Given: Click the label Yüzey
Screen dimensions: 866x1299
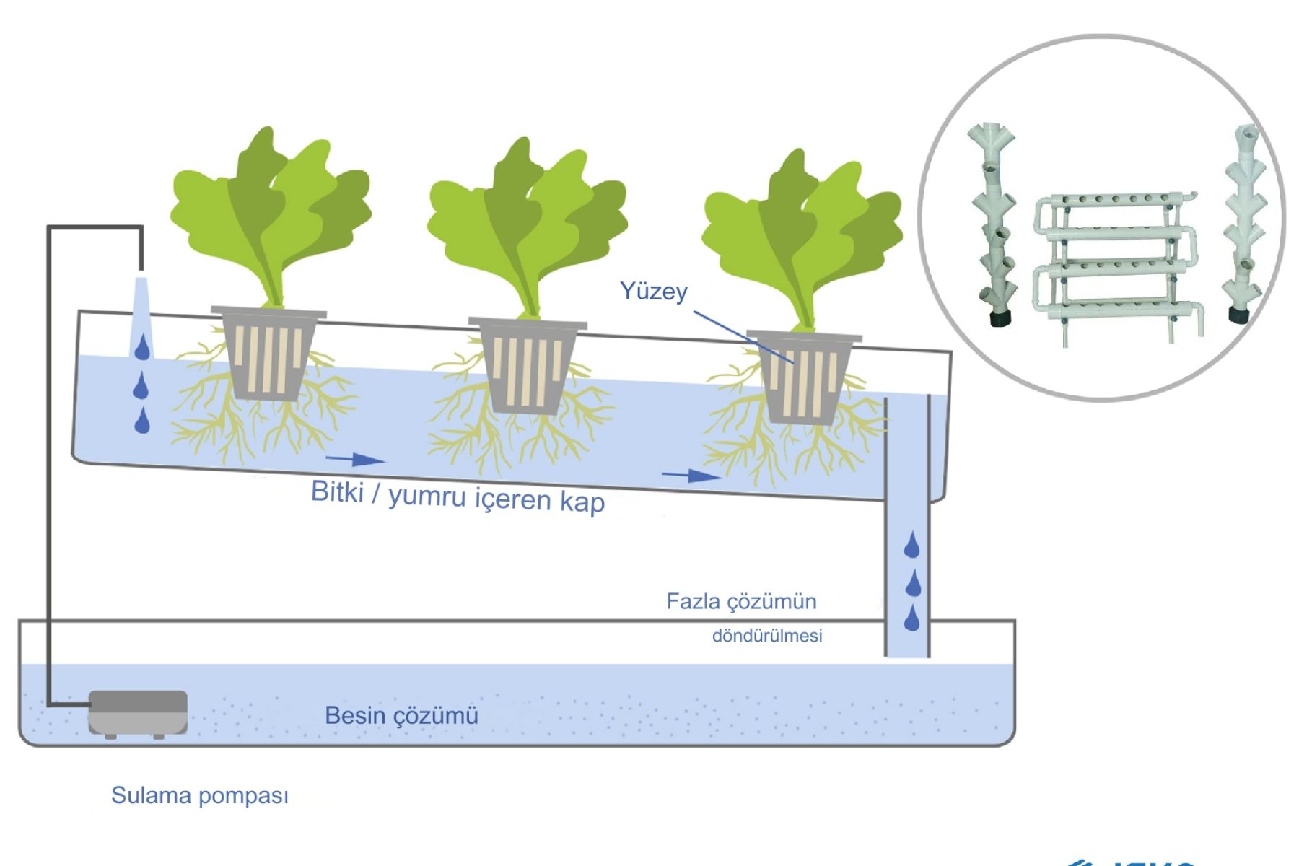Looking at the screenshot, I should [x=654, y=291].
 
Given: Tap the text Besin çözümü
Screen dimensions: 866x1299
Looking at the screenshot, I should [x=401, y=715].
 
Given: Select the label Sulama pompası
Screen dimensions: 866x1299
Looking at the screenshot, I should [x=200, y=795].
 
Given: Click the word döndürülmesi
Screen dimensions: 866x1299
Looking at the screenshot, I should [x=767, y=636].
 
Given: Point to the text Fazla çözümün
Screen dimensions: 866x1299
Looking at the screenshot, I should [x=741, y=601].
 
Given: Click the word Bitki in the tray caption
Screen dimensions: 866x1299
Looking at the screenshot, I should [x=337, y=491].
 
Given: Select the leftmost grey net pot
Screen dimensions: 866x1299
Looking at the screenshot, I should [x=268, y=354].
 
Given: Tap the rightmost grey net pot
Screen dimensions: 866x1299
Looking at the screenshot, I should [x=804, y=377].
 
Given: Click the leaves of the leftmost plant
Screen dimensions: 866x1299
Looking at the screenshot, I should [x=271, y=209].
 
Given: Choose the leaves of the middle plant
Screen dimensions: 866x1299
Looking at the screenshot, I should [x=527, y=216].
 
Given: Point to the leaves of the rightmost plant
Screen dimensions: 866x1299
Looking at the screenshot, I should [x=802, y=231].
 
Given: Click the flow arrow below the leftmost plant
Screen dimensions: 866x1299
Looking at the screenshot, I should [x=356, y=459].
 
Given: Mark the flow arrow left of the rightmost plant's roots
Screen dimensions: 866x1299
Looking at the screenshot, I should [x=691, y=476].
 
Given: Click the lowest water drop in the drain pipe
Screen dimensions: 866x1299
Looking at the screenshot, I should [x=911, y=618].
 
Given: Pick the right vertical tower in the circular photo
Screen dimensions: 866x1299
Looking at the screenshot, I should [x=1244, y=224].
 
